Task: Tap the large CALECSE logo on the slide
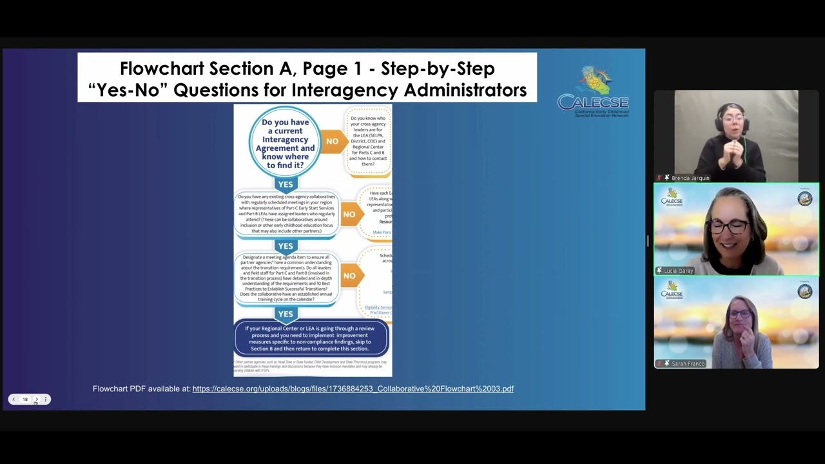click(593, 92)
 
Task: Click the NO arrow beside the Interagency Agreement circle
click(333, 141)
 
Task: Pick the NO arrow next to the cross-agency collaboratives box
click(350, 214)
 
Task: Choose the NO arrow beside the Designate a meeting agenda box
click(350, 276)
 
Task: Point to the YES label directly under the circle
click(285, 184)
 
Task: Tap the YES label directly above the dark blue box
click(285, 314)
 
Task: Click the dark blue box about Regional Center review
click(311, 338)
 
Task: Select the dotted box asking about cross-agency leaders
click(369, 141)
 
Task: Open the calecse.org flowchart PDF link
click(353, 389)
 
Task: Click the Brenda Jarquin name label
click(690, 178)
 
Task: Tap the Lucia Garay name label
click(678, 271)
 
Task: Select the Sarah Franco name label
click(688, 363)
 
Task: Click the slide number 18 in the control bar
click(25, 400)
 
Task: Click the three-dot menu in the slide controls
click(45, 400)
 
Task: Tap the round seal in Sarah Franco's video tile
click(805, 292)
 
